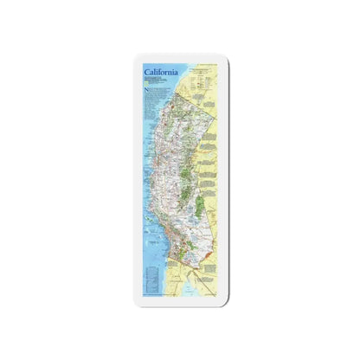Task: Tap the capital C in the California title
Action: (x=147, y=70)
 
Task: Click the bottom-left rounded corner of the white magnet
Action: (x=136, y=302)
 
